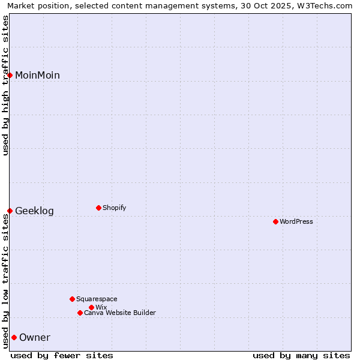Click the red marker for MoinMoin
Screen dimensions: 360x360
(x=10, y=75)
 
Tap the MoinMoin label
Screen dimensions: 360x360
(x=37, y=75)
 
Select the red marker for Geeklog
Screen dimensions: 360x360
(x=10, y=211)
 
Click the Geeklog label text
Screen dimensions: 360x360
(x=34, y=211)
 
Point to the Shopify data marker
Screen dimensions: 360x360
(x=98, y=208)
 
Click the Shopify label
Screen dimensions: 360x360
(x=114, y=208)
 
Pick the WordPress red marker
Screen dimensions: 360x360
(x=275, y=221)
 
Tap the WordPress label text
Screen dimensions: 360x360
(x=296, y=221)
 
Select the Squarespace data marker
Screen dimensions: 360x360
(x=72, y=299)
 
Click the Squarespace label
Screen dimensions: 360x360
(x=97, y=299)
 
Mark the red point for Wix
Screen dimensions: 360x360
(x=91, y=307)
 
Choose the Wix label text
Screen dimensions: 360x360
(x=101, y=307)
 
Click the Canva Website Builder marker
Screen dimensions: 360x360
(x=80, y=313)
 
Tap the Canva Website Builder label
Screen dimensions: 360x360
(x=120, y=313)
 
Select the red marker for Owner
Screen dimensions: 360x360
(x=14, y=337)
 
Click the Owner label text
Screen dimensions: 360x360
(x=35, y=337)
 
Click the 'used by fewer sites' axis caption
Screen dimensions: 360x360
(x=62, y=355)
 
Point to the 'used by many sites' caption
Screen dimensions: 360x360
(x=301, y=355)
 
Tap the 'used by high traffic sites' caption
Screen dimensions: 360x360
(x=6, y=85)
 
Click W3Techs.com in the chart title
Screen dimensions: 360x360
(x=323, y=5)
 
